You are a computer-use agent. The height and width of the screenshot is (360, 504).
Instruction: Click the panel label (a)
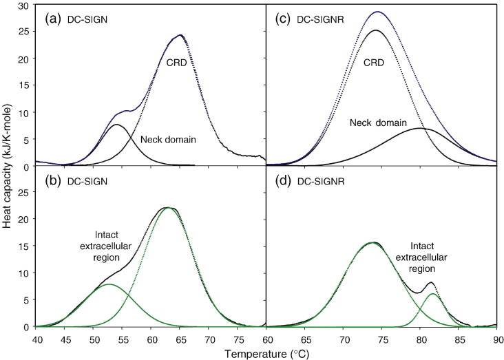point(54,19)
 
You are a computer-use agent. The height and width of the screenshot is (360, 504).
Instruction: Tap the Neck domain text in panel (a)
point(168,140)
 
